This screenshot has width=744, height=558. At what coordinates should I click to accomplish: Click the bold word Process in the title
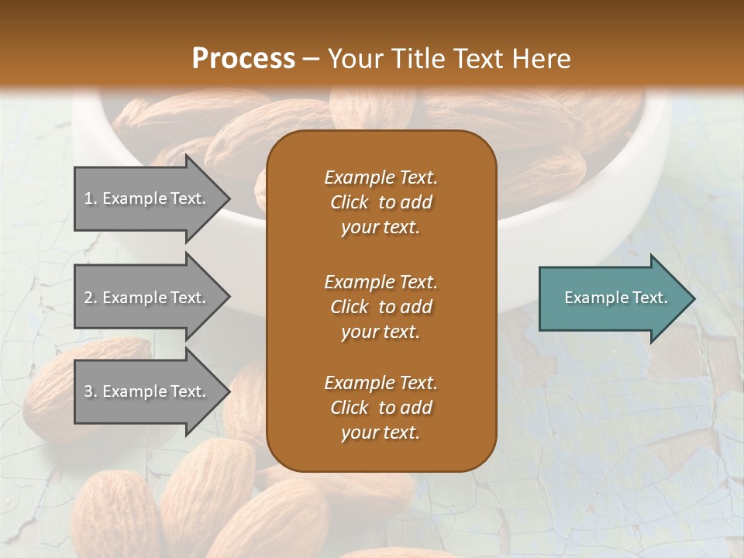243,58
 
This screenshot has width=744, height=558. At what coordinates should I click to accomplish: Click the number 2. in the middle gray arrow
91,298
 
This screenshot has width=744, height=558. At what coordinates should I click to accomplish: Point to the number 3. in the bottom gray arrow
91,391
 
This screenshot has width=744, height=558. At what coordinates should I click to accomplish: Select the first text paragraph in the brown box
381,202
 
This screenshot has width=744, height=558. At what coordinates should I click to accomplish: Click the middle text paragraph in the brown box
381,307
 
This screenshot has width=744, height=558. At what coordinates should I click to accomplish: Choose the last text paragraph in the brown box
381,408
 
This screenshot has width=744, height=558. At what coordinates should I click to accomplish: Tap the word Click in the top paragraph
349,202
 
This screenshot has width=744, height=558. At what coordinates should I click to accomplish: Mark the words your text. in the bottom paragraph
381,433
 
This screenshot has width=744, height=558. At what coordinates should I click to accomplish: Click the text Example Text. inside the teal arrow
615,298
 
